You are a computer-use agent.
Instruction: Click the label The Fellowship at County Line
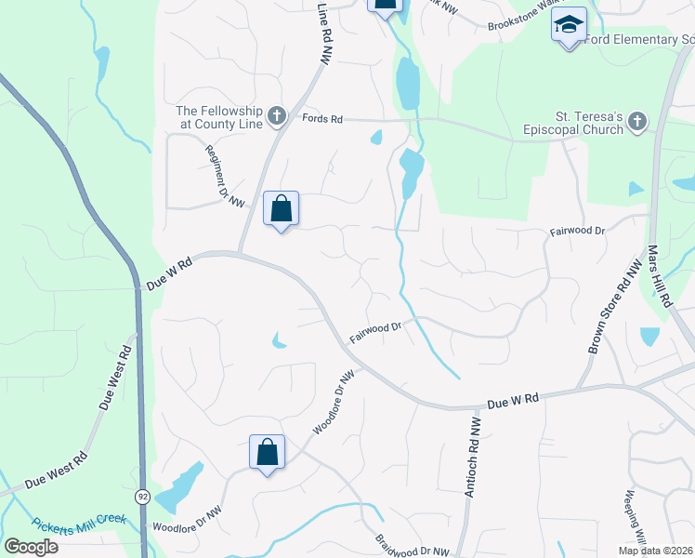[x=219, y=117]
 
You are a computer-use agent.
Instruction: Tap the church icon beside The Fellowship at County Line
[x=275, y=116]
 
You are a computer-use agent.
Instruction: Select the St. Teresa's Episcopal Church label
[x=577, y=124]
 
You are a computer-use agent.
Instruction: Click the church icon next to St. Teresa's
[x=636, y=122]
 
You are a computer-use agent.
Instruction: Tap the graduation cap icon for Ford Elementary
[x=569, y=25]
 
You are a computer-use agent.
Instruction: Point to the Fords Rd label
[x=323, y=119]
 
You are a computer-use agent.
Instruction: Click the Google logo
[x=31, y=546]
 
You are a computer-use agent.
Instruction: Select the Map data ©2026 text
[x=655, y=551]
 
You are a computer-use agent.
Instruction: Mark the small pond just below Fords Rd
[x=376, y=138]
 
